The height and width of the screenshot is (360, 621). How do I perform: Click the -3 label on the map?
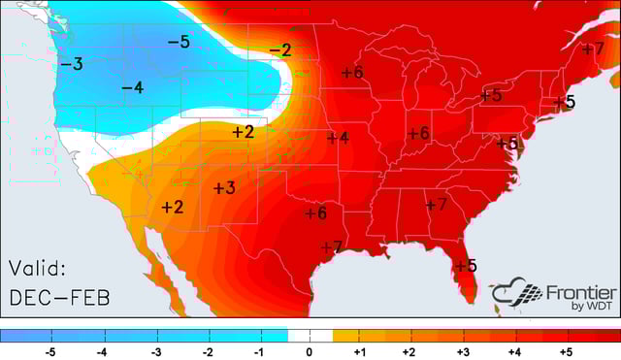coord(71,64)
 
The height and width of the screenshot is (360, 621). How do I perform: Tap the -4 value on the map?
coord(132,88)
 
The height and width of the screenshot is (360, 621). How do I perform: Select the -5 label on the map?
coord(178,42)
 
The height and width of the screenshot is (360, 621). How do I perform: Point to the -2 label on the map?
coord(279,49)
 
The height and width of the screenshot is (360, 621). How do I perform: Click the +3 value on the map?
coord(224,187)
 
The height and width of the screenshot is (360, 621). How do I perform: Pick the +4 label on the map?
coord(338,138)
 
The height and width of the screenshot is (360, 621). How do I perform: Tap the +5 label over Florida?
coord(466,265)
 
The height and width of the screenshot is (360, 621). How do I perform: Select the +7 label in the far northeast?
coord(594,49)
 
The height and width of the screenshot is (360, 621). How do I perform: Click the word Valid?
coord(37,268)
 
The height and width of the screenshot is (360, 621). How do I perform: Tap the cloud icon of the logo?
coord(513,293)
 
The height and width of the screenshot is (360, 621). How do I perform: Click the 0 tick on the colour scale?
coord(310,351)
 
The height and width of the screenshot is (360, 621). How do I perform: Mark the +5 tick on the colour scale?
coord(566,351)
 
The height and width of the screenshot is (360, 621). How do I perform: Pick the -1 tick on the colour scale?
coord(258,351)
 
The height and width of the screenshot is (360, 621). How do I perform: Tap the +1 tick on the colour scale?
coord(359,351)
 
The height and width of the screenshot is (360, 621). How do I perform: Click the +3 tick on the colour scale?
coord(462,351)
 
